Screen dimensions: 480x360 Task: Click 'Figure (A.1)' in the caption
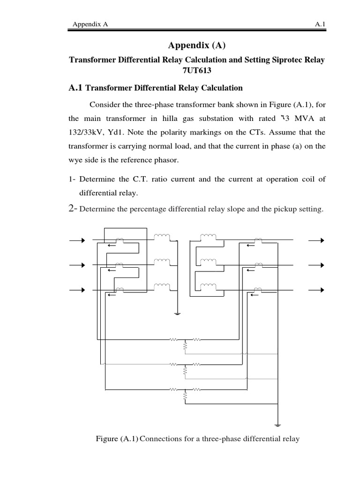point(117,439)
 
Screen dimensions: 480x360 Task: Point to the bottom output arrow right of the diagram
point(316,290)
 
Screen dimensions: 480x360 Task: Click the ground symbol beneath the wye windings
point(177,313)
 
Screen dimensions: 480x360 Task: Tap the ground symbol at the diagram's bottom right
point(277,425)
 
